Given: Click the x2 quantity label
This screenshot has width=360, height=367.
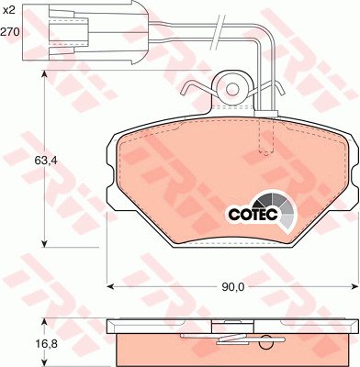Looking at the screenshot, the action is [8, 11].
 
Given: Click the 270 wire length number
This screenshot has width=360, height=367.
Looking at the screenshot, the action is [10, 31].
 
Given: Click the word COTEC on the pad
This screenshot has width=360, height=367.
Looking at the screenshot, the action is [253, 214].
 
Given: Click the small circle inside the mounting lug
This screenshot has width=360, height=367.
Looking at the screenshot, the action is [232, 89].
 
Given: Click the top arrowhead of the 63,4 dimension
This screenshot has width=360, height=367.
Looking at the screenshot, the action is [45, 75].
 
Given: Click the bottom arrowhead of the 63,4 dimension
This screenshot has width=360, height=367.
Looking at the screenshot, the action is [45, 243].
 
